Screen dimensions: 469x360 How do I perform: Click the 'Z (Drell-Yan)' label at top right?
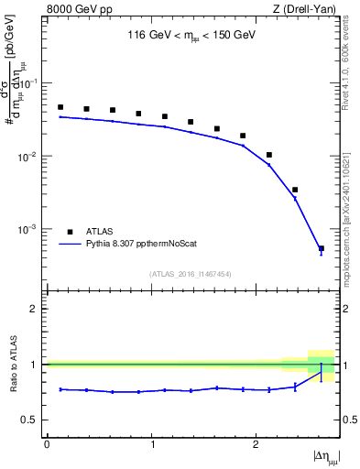tap(307, 10)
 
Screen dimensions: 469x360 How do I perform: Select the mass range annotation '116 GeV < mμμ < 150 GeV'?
tap(191, 38)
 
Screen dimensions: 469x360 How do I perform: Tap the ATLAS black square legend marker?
tap(69, 232)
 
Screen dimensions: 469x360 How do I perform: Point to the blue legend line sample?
tap(69, 245)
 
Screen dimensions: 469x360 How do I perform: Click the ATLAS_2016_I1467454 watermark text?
tap(191, 274)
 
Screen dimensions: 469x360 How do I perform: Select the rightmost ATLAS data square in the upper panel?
tap(321, 248)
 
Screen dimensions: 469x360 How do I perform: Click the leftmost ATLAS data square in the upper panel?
tap(60, 107)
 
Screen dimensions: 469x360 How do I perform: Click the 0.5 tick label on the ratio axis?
tap(30, 420)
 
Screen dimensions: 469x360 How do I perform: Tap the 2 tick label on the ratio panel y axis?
tap(35, 309)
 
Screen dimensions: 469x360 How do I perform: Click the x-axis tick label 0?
tap(47, 444)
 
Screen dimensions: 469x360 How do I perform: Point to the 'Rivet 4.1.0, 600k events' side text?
tap(348, 64)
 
